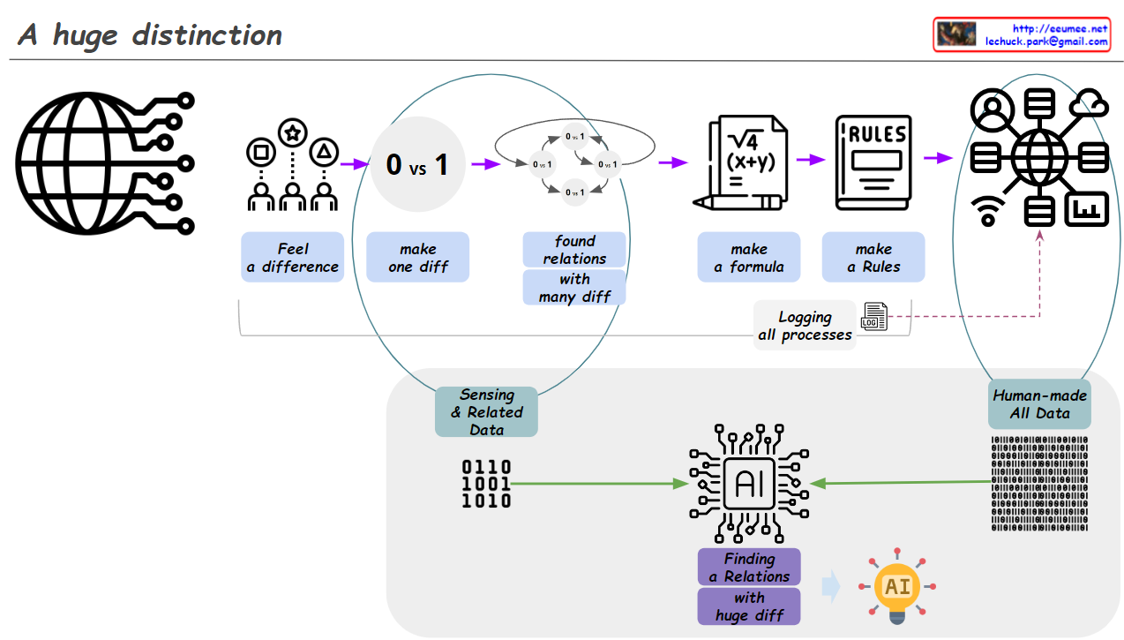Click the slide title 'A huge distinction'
click(150, 35)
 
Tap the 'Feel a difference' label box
click(292, 258)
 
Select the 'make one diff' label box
click(417, 258)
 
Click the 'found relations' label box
click(574, 250)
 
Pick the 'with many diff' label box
click(574, 288)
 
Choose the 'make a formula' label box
click(748, 258)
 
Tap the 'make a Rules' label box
click(873, 258)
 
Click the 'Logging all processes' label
click(805, 326)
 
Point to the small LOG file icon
click(874, 317)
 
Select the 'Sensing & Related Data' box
click(486, 411)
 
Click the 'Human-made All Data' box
click(1039, 404)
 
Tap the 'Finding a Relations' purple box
click(749, 567)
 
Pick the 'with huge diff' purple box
click(749, 606)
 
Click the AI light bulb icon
click(897, 587)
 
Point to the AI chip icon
click(749, 483)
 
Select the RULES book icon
click(873, 163)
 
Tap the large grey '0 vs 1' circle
click(417, 164)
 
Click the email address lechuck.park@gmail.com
click(1046, 41)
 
